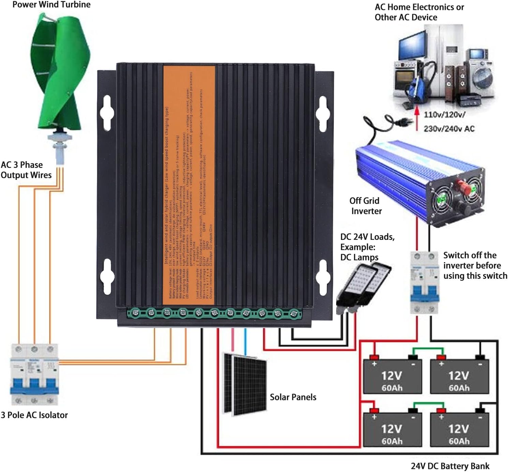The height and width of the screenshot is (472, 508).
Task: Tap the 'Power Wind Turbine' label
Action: [51, 5]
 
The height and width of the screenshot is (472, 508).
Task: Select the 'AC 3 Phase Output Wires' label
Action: [26, 170]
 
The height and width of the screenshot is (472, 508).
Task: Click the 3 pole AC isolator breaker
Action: [34, 374]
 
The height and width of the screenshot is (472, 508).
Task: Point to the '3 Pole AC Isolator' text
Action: [34, 415]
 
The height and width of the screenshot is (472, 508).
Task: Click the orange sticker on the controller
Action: [189, 184]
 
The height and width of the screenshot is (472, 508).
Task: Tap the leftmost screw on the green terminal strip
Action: [135, 312]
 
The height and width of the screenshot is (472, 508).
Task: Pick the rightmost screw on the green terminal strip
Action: [294, 313]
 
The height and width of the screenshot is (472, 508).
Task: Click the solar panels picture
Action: [245, 384]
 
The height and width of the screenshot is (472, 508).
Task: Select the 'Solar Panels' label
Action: [293, 397]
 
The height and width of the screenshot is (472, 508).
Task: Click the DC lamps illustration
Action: [363, 287]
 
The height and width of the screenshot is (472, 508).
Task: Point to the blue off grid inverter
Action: [419, 181]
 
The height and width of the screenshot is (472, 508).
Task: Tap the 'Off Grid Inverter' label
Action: [365, 206]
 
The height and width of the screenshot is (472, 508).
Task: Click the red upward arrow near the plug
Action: [416, 119]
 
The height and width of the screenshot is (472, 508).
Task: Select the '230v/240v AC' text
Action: [449, 129]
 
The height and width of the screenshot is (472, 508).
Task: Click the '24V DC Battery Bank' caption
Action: [450, 466]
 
